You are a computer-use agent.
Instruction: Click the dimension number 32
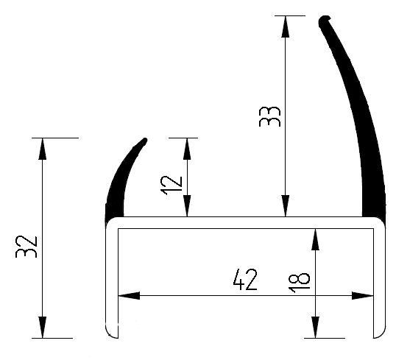pos(26,247)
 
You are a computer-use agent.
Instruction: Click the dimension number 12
pos(172,186)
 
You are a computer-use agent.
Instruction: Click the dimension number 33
pos(269,116)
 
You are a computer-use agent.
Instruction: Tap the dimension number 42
pos(245,280)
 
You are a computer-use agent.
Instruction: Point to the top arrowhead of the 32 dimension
pos(43,149)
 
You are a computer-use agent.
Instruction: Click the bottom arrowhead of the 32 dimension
pos(43,327)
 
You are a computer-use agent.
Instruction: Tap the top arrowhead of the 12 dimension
pos(187,149)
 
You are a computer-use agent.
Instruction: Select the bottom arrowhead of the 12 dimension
pos(187,206)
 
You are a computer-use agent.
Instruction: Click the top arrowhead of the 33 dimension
pos(286,27)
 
